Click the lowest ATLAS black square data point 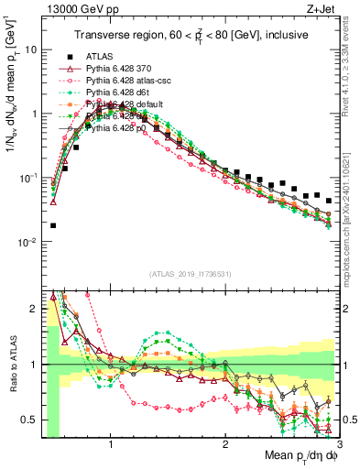[53, 225]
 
